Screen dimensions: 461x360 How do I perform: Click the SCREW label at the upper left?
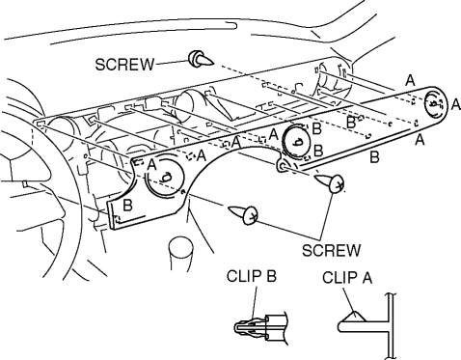pos(124,65)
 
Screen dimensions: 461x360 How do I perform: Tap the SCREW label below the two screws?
pos(332,250)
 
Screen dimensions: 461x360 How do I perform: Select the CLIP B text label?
pos(252,276)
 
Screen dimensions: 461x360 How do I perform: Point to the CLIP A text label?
pos(347,278)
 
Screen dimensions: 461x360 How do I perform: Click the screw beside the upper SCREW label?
pos(201,59)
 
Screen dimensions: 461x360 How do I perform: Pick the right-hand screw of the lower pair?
pos(330,182)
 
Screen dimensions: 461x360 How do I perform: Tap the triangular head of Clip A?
pos(353,317)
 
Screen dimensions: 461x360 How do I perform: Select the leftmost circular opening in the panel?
pos(166,176)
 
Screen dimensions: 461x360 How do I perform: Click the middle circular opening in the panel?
pos(296,142)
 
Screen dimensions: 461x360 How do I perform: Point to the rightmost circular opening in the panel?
pos(435,103)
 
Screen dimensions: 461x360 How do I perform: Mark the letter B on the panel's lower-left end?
pos(127,206)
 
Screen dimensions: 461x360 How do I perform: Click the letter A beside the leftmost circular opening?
pos(151,165)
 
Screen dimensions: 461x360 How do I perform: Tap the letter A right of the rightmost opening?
pos(455,104)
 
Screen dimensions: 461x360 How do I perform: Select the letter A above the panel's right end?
pos(410,80)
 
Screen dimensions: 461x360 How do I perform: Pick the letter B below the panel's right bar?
pos(374,157)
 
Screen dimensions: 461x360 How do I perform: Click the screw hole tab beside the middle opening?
pos(283,166)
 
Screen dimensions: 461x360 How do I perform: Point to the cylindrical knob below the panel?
pos(180,254)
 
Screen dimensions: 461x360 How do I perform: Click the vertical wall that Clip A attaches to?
pos(392,325)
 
